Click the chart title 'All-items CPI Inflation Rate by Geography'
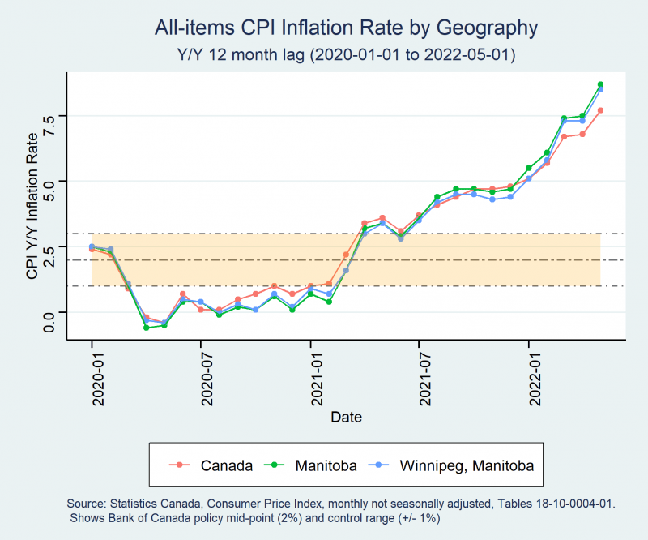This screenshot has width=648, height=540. [347, 28]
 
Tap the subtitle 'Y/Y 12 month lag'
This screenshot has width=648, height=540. [241, 54]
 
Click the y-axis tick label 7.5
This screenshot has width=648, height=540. [49, 126]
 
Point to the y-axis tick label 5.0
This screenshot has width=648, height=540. [49, 191]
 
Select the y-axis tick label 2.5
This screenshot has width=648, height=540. [49, 256]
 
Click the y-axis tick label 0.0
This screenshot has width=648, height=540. [49, 322]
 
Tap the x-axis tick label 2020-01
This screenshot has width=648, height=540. [98, 379]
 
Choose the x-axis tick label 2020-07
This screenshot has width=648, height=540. [207, 379]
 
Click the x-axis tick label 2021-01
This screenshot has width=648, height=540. [317, 379]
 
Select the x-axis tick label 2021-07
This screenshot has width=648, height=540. [425, 379]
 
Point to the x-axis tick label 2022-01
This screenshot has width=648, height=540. [535, 379]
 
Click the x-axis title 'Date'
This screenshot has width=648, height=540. [347, 417]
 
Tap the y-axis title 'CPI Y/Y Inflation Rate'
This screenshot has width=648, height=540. [32, 206]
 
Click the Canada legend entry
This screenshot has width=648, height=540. [211, 465]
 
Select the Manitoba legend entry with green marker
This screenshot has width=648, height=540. [310, 465]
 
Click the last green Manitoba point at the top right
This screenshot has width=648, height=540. [600, 84]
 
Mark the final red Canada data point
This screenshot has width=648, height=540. [600, 110]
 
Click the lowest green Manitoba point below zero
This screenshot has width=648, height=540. [147, 328]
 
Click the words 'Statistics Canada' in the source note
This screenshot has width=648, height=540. [156, 504]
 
